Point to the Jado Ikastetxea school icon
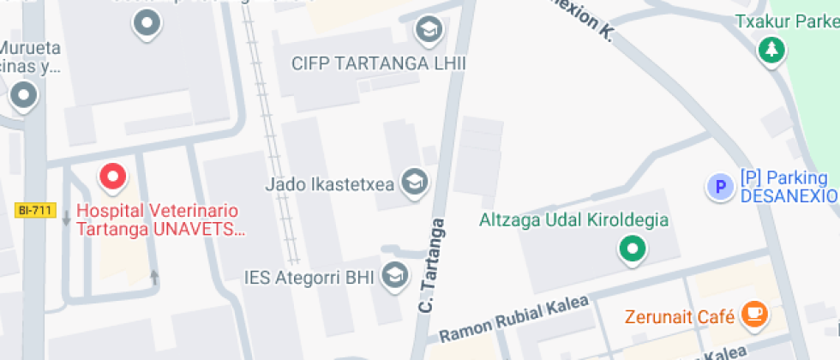415,182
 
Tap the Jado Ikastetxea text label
328,183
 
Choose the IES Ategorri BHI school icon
394,275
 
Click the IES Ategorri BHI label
310,277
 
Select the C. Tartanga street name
433,265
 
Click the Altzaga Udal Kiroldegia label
573,220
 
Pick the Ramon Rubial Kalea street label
514,319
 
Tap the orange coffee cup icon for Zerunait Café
753,314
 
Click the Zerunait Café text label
680,316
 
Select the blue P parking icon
719,186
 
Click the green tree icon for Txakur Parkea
771,50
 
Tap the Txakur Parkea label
787,21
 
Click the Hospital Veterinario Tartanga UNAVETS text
159,219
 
